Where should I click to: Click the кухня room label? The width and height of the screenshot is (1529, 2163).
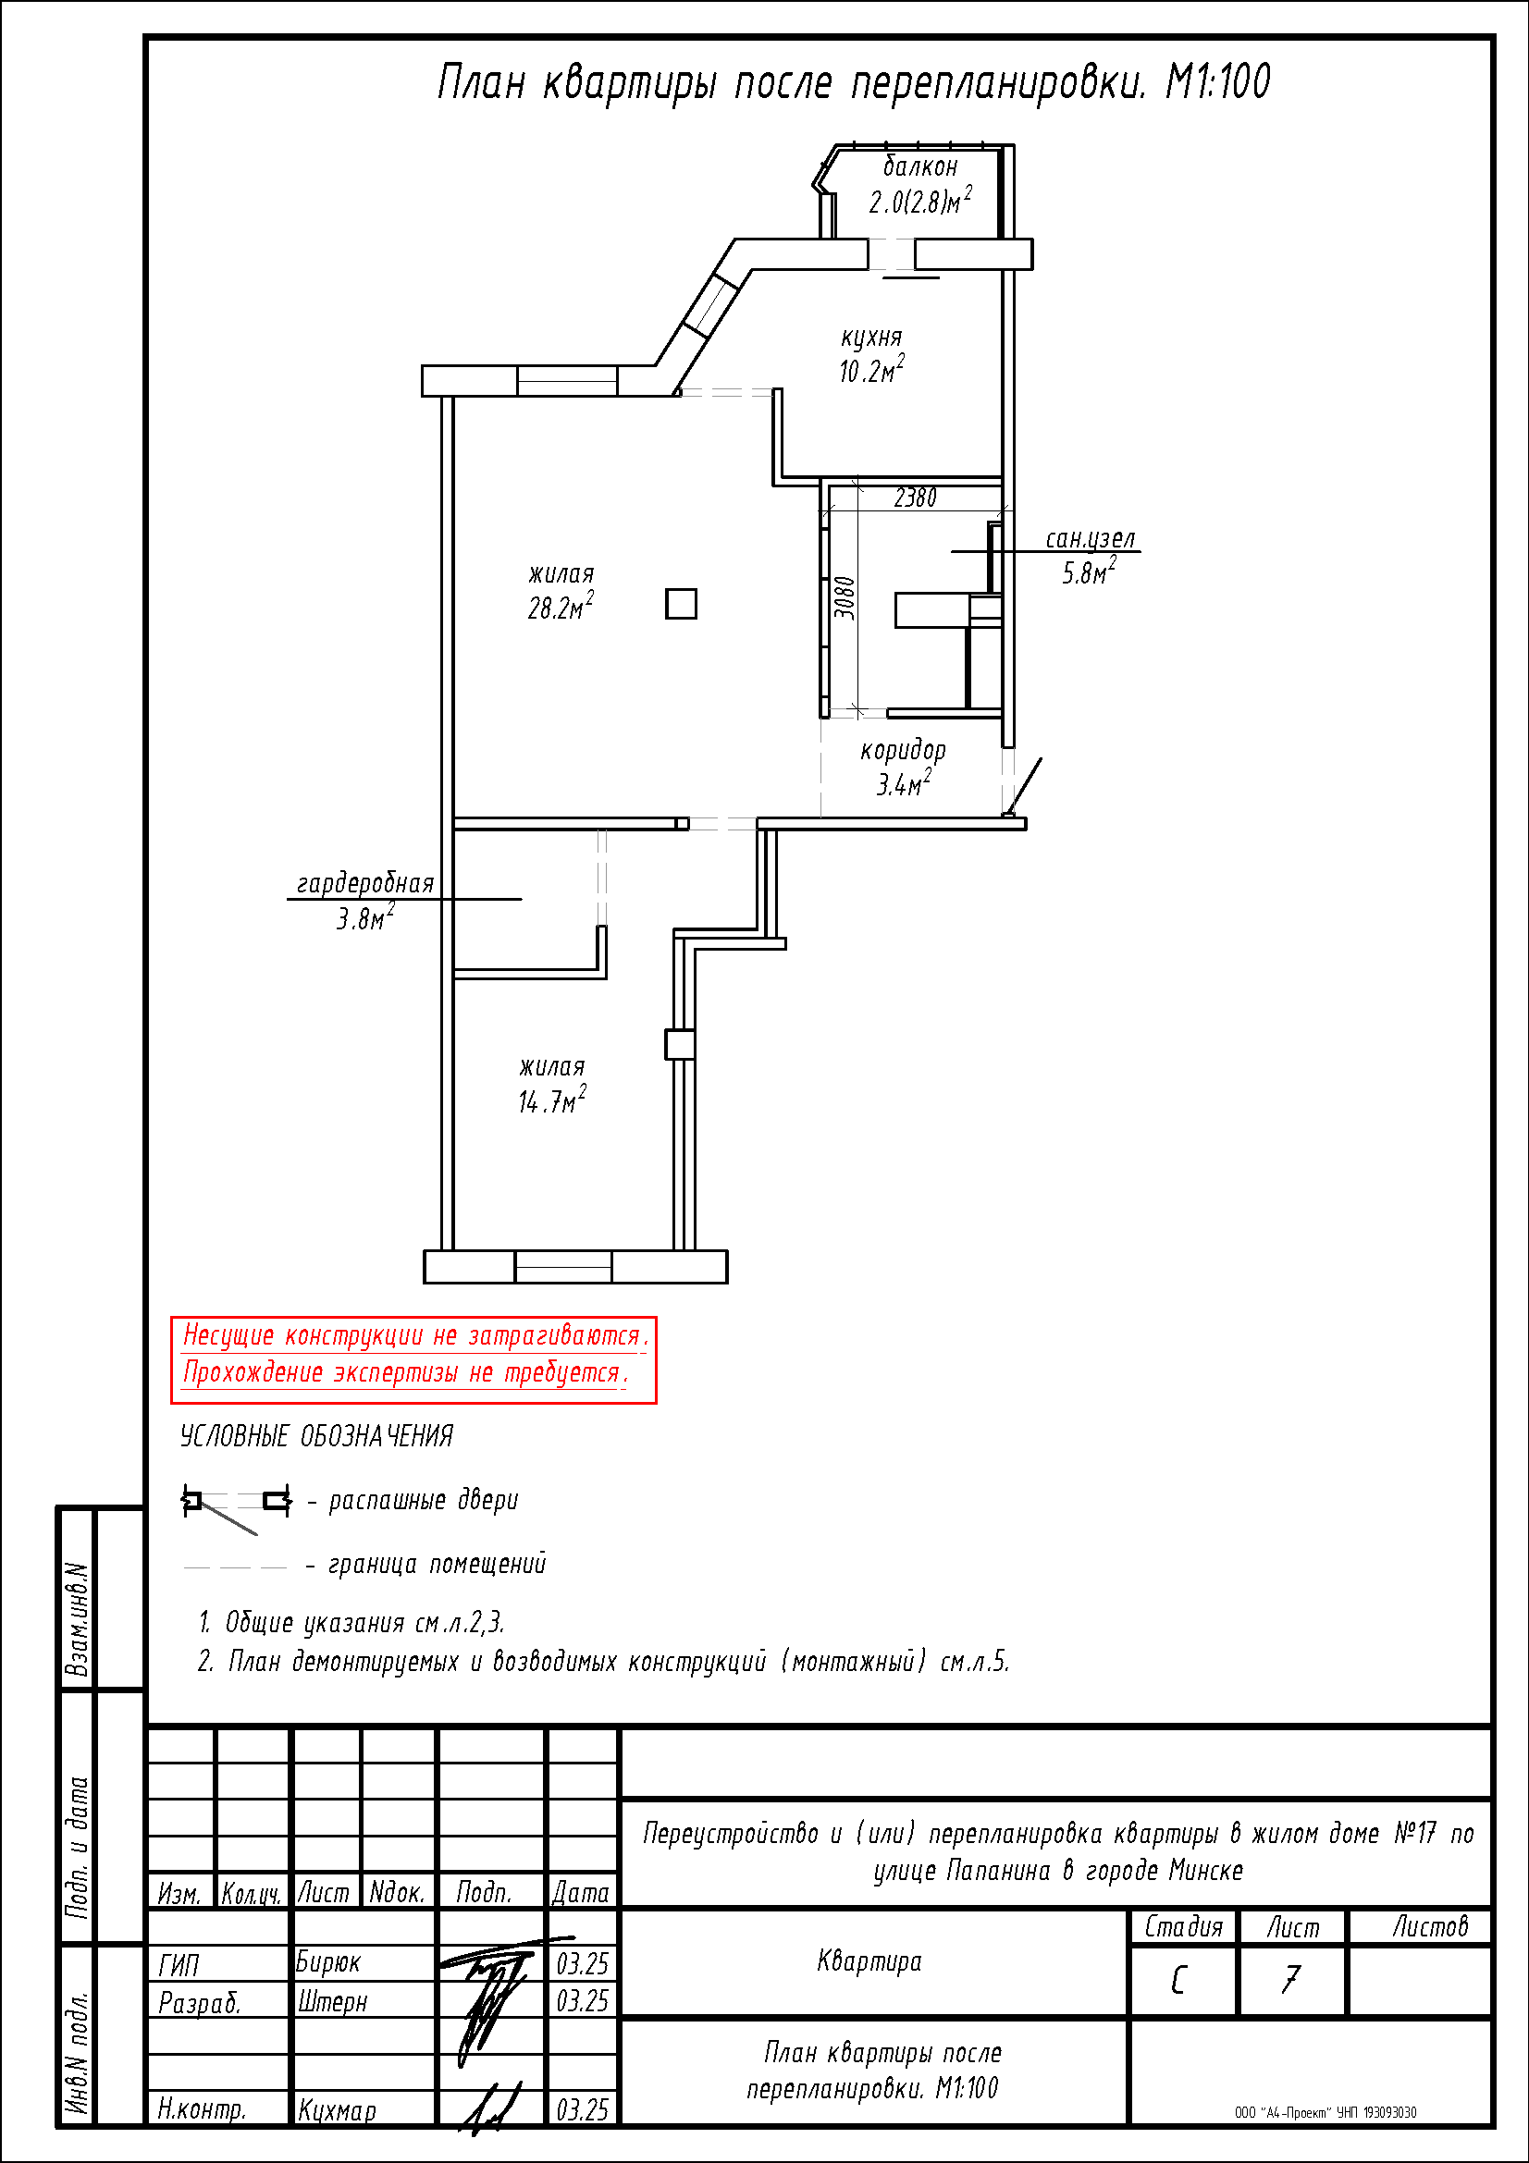(x=871, y=338)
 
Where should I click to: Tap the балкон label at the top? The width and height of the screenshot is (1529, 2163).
(x=920, y=166)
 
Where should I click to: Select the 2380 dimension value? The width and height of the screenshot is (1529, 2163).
(x=915, y=497)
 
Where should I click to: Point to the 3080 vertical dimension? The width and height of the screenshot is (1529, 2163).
(x=846, y=598)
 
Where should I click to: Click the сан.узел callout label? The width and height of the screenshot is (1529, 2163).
(x=1091, y=538)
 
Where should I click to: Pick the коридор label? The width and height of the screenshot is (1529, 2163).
(x=903, y=750)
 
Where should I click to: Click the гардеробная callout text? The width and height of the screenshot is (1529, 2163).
(x=365, y=883)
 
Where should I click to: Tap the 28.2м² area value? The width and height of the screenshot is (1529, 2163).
(x=561, y=608)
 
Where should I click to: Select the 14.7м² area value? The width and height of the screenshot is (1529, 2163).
(x=552, y=1100)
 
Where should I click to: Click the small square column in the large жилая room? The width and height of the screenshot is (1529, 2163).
(x=681, y=604)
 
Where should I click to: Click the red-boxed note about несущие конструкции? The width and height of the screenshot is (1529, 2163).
(x=413, y=1359)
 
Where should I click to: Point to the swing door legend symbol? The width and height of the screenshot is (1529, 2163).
(x=237, y=1507)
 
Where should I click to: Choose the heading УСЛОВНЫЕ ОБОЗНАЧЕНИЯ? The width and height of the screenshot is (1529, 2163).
(x=316, y=1436)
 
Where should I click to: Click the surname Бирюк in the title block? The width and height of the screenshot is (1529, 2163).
(x=327, y=1961)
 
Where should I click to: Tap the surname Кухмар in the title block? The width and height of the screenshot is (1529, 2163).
(x=337, y=2110)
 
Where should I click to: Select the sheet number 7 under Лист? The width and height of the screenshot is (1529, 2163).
(x=1290, y=1979)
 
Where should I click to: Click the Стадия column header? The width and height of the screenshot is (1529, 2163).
(x=1183, y=1926)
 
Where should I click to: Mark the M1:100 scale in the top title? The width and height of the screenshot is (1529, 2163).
(x=1218, y=81)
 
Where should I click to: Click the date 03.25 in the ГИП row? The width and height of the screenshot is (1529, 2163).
(x=582, y=1963)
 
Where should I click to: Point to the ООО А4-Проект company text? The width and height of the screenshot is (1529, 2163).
(x=1326, y=2112)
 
